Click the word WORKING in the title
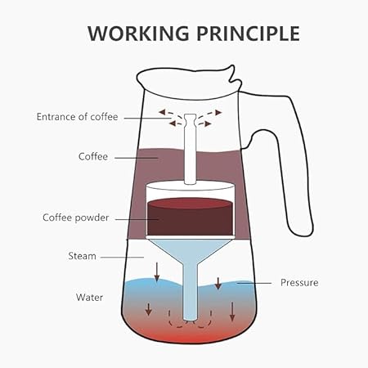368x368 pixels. pos(138,34)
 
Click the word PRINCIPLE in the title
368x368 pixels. pos(248,34)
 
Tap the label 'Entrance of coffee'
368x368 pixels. pos(78,117)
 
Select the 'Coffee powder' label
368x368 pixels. pos(76,218)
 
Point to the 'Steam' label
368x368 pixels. pos(82,256)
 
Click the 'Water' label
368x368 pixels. pos(89,297)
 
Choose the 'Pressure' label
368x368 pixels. pos(299,282)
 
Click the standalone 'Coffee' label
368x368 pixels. pos(93,156)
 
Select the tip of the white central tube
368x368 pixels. pos(190,115)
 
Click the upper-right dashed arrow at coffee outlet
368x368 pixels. pos(210,113)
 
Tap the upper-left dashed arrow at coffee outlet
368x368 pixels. pos(170,113)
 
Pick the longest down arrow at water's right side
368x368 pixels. pos(232,312)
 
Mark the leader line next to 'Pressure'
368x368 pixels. pos(254,283)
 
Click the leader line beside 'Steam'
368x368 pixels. pos(122,257)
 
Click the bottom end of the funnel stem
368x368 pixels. pos(190,320)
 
